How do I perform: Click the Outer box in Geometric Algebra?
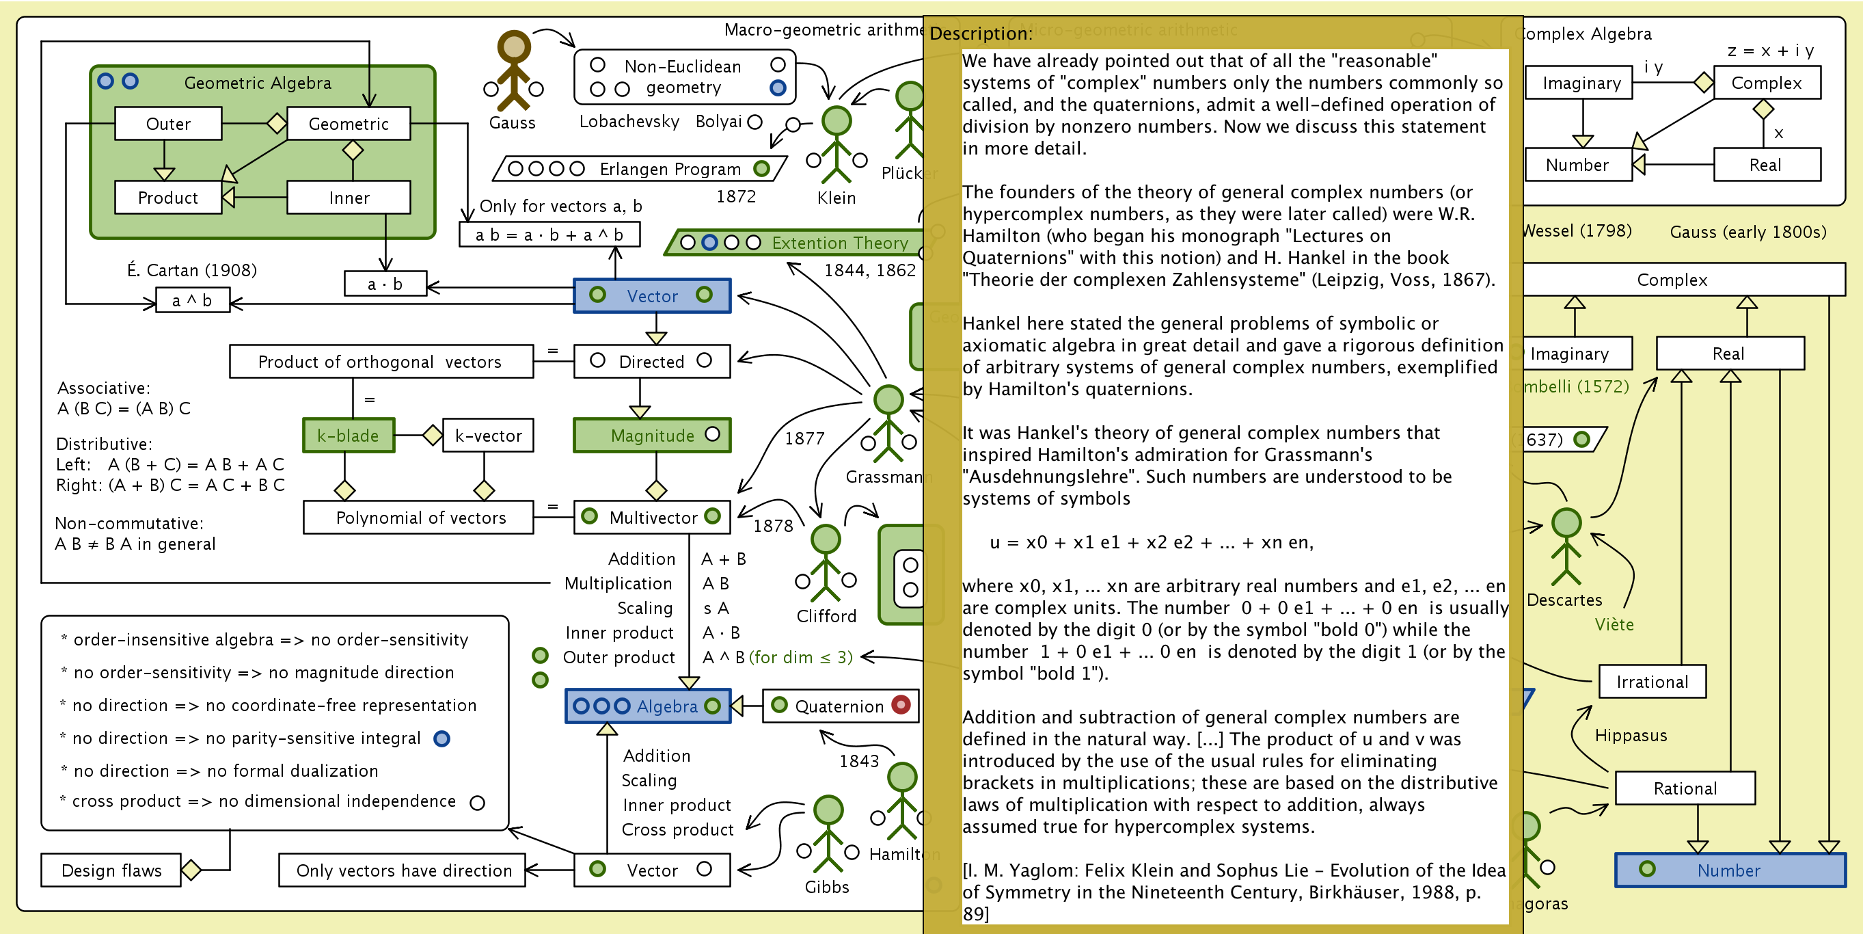pos(168,124)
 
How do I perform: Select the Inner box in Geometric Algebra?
pos(349,198)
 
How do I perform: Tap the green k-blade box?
pos(349,436)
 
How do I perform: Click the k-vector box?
pos(488,436)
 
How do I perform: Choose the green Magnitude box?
pos(651,436)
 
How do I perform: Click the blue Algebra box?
pos(648,706)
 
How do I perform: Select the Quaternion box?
pos(839,706)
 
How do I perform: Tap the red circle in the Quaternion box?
pos(900,705)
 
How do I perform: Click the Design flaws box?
pos(111,870)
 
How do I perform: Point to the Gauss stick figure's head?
pos(514,46)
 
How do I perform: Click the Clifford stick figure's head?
pos(825,539)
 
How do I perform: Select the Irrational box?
pos(1652,682)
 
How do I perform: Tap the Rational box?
pos(1685,788)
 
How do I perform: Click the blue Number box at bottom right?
pos(1729,870)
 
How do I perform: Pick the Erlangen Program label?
pos(670,170)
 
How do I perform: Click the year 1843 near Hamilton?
pos(858,761)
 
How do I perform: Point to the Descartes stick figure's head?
pos(1566,522)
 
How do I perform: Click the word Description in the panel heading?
pos(980,34)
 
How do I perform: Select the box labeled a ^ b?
pos(192,301)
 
